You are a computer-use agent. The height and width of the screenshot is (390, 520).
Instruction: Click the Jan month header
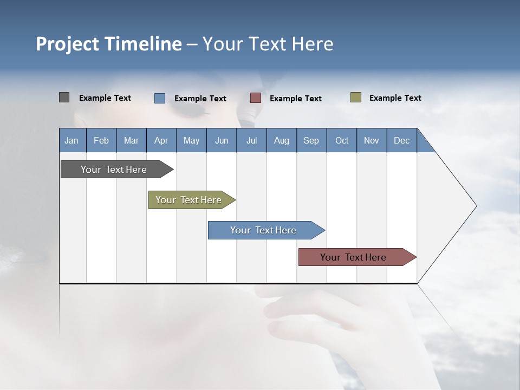[x=71, y=140]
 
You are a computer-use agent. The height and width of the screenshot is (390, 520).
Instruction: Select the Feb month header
[x=101, y=140]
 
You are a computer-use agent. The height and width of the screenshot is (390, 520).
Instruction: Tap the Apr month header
[x=161, y=140]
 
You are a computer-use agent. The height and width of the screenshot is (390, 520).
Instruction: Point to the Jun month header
[x=222, y=140]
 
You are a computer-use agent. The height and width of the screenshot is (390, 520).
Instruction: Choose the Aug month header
[x=281, y=140]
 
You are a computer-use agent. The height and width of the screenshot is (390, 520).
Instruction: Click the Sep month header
[x=311, y=140]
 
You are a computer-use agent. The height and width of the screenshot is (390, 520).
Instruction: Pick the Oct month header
[x=342, y=140]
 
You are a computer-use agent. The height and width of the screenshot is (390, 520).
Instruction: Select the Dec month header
[x=401, y=140]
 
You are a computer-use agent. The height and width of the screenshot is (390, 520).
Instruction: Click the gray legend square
[x=64, y=97]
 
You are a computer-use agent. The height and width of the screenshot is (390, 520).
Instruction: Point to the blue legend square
[x=159, y=98]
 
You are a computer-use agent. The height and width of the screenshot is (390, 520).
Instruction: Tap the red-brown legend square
[x=255, y=98]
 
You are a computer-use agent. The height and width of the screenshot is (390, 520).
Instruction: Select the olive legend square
[x=355, y=97]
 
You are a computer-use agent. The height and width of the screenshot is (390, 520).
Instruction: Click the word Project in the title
[x=67, y=44]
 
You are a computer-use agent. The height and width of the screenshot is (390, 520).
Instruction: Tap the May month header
[x=191, y=140]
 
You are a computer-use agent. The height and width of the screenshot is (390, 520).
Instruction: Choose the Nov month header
[x=372, y=140]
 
